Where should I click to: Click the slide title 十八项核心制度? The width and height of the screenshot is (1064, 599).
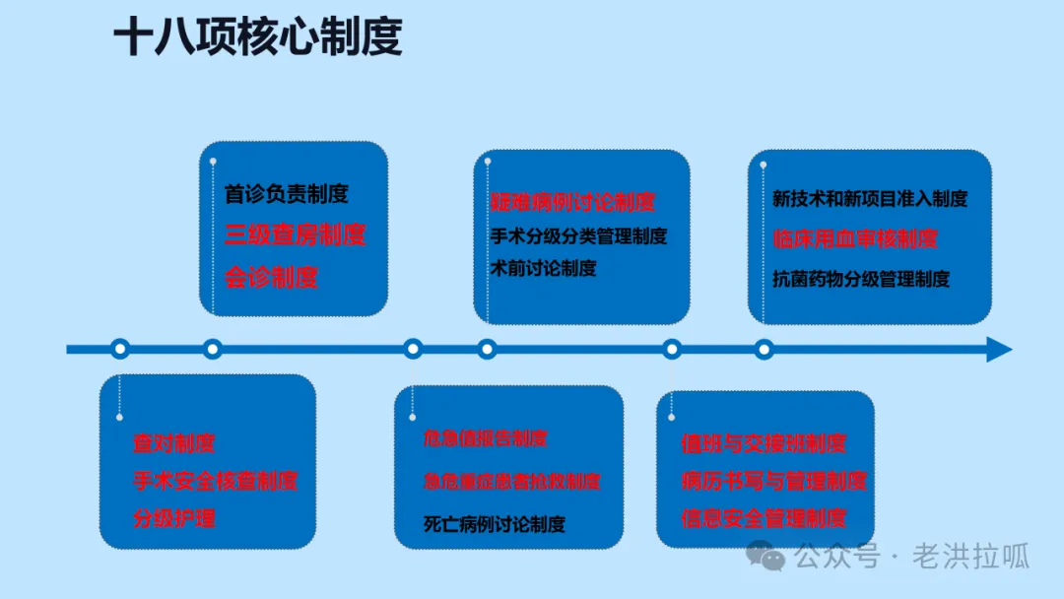(258, 38)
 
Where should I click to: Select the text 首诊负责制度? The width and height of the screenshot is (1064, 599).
(287, 194)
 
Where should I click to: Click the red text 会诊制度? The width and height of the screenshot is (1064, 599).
(271, 277)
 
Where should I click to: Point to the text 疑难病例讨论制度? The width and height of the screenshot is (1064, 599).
(573, 203)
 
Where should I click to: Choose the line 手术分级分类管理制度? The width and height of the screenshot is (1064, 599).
(579, 236)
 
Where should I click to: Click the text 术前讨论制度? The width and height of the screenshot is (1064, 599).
(544, 268)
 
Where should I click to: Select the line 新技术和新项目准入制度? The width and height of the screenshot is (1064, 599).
(870, 199)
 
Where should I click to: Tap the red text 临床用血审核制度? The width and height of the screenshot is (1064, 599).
(855, 238)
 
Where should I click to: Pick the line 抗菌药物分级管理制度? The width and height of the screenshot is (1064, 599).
(861, 279)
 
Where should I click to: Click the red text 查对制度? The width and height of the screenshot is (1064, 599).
(174, 444)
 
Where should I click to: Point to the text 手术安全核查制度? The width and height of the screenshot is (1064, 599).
(216, 481)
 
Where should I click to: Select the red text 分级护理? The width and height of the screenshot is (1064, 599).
(174, 518)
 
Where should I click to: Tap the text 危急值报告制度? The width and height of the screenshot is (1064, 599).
(486, 438)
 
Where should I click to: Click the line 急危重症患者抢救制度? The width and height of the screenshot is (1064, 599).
(511, 482)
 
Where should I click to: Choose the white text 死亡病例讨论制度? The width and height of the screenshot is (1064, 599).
(495, 524)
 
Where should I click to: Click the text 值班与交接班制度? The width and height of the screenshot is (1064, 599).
(764, 444)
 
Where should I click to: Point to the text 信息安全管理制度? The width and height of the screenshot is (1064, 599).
(764, 518)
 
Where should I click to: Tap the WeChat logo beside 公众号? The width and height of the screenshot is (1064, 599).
(765, 557)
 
